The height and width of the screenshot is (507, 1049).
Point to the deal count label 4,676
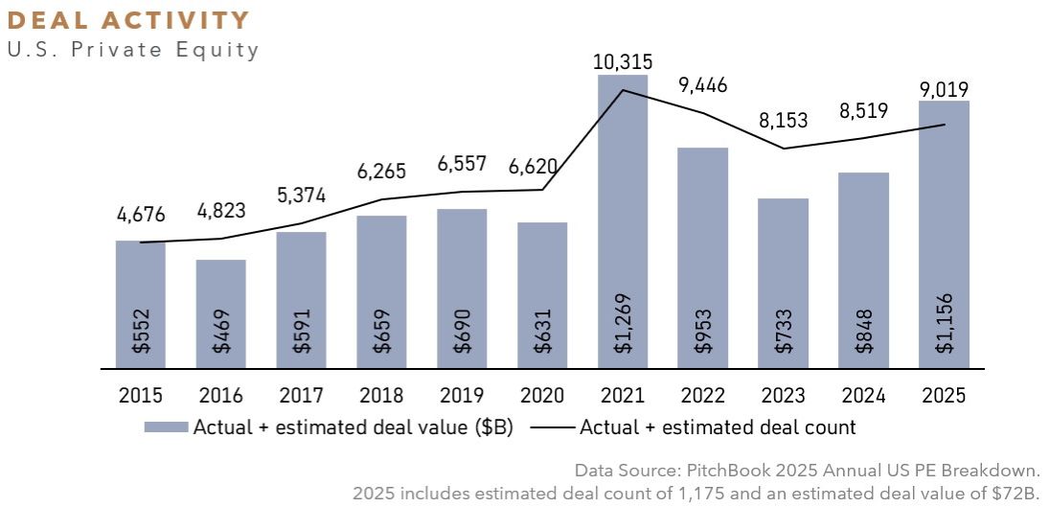[140, 217]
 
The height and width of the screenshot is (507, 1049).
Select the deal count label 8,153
[783, 122]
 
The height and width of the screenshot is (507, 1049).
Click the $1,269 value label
[624, 330]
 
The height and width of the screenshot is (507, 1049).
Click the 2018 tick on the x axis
[381, 395]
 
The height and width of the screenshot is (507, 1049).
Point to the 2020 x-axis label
[542, 395]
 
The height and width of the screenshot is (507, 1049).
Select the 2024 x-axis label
[863, 395]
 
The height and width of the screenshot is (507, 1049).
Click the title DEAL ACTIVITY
[128, 20]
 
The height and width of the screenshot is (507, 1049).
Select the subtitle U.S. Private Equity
[133, 50]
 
